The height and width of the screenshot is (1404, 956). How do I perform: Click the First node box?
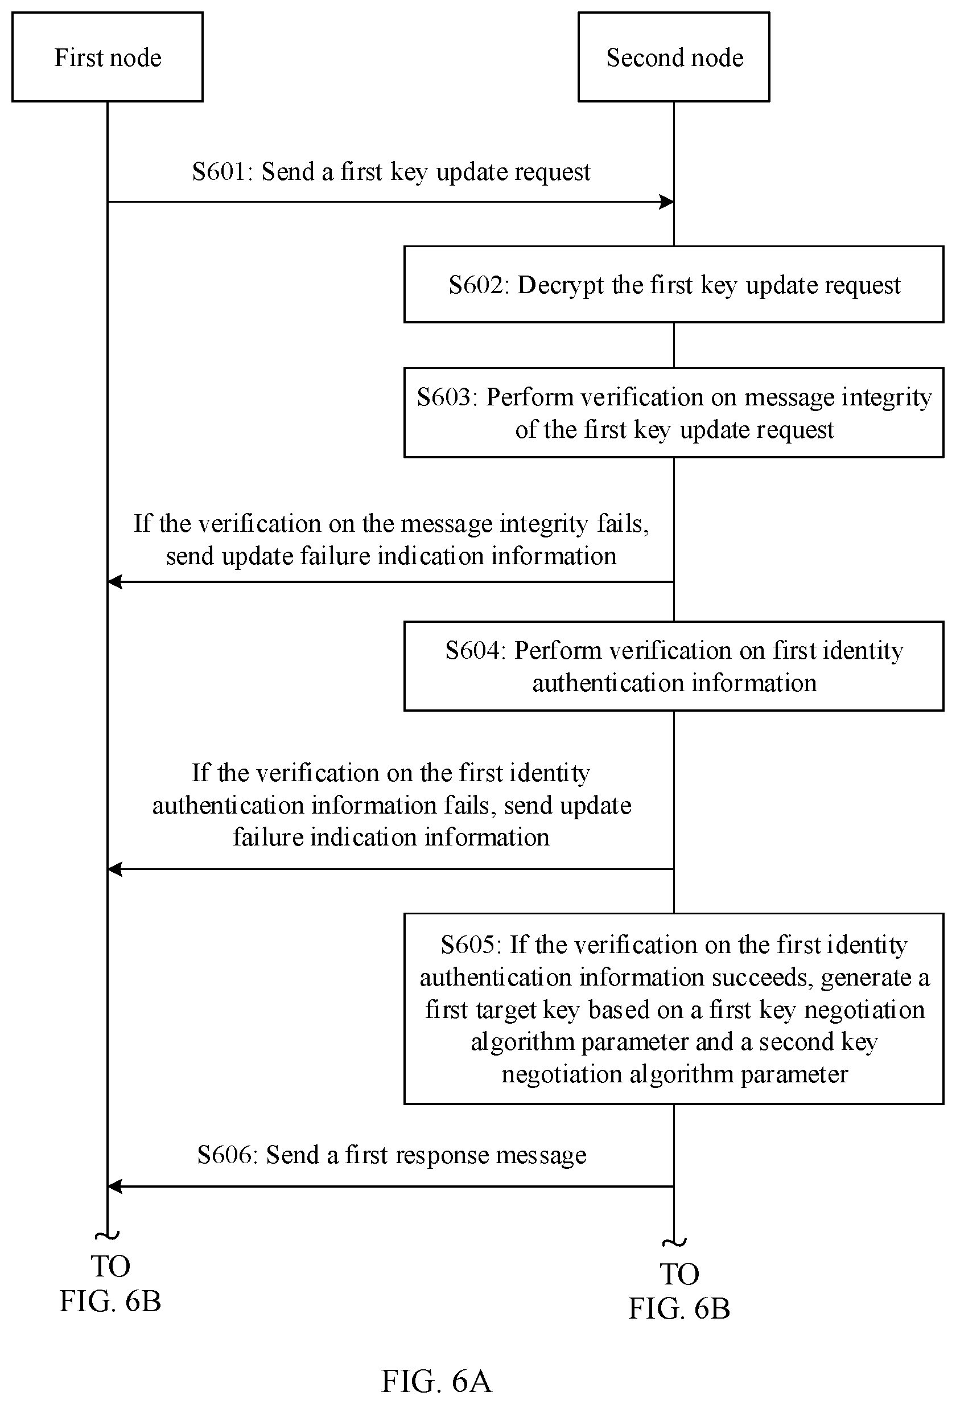point(108,57)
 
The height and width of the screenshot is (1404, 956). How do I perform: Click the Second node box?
point(674,57)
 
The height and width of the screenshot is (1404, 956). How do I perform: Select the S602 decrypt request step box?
point(674,284)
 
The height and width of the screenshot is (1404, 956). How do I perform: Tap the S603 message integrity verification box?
point(674,413)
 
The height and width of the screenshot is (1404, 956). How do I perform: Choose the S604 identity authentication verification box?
point(674,666)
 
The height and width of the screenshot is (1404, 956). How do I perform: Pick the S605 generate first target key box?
point(674,1008)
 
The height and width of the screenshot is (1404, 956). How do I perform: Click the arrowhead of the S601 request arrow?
point(667,202)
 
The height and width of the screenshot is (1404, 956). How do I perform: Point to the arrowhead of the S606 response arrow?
point(115,1187)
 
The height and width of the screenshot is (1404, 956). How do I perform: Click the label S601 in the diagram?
point(219,171)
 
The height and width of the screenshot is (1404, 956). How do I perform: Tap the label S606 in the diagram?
point(224,1155)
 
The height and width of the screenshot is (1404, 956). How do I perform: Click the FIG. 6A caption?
point(436,1381)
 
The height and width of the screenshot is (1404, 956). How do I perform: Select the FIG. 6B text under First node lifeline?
point(110,1301)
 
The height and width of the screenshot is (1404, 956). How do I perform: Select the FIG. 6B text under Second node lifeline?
point(679,1308)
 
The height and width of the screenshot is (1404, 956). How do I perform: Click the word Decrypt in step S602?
point(560,285)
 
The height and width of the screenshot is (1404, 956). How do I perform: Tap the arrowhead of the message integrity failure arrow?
point(115,582)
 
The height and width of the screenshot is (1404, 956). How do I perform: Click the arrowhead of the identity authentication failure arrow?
point(115,869)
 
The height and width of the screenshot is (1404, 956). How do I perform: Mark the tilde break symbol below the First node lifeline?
point(108,1235)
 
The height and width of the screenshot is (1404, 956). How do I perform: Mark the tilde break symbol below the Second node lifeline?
point(674,1243)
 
